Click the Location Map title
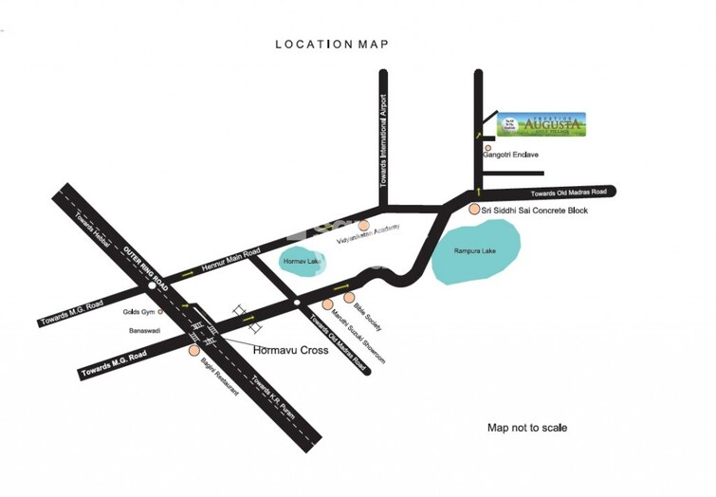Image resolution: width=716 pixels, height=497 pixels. (x=332, y=44)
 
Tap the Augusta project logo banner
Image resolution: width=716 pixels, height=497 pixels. (x=542, y=126)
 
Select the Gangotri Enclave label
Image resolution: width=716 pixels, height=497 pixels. (x=512, y=155)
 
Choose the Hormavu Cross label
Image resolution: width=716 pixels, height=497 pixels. (x=289, y=349)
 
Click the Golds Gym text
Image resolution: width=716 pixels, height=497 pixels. (x=139, y=311)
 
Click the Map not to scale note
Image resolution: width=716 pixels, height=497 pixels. (x=527, y=428)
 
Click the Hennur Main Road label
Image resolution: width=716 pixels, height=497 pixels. (x=230, y=266)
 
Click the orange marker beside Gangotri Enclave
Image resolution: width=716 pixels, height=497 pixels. (x=487, y=148)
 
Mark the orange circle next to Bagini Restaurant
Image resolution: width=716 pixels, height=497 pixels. (x=193, y=349)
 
